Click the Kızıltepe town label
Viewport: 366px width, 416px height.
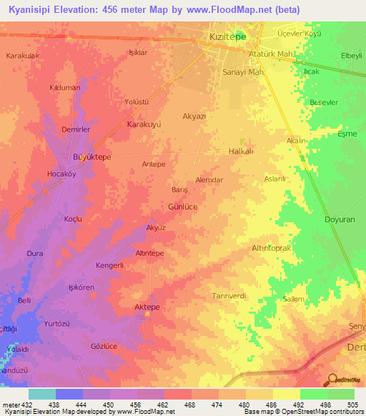tap(227, 36)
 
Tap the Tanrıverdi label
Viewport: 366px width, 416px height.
tap(229, 296)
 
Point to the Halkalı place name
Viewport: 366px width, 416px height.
tap(240, 152)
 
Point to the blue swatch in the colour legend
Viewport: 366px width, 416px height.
tap(69, 394)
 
